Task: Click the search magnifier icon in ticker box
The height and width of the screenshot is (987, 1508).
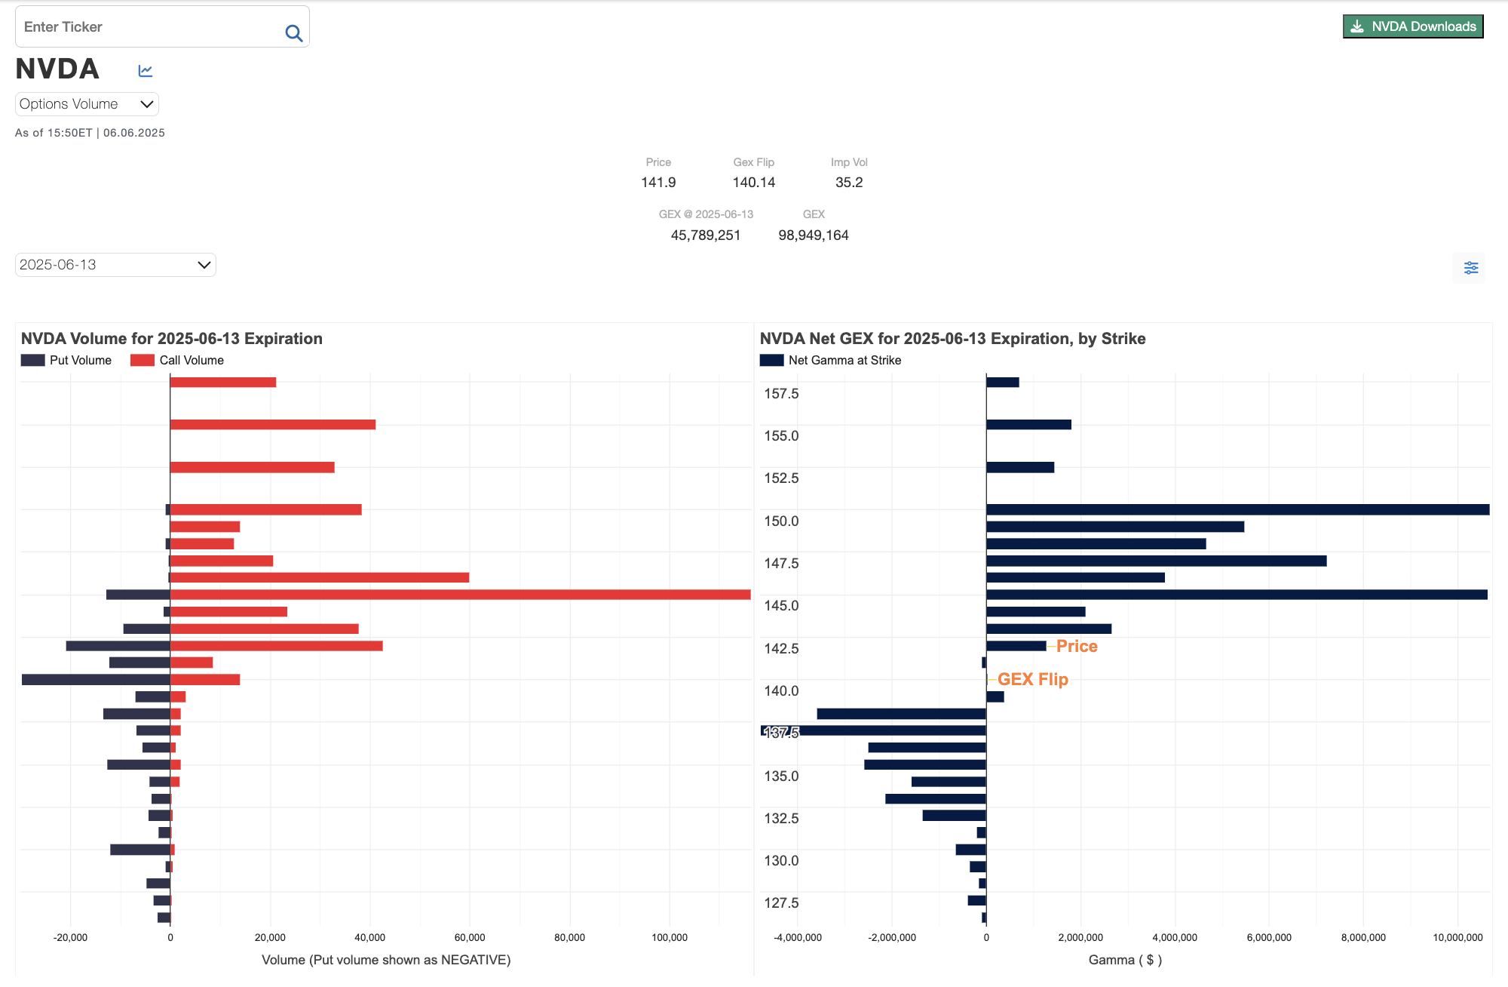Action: [293, 33]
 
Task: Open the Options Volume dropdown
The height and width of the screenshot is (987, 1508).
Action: [87, 104]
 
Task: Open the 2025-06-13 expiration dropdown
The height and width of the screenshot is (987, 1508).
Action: [115, 265]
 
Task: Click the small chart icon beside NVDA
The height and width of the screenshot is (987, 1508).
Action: [146, 71]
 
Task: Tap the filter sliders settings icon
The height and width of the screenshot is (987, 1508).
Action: [1470, 268]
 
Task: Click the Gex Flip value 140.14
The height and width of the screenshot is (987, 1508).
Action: [753, 183]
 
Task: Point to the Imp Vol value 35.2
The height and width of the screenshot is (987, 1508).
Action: [848, 183]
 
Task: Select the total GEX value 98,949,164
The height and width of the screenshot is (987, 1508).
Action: [813, 235]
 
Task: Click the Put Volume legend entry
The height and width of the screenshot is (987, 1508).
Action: [66, 361]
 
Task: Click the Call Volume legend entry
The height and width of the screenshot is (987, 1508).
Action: [177, 361]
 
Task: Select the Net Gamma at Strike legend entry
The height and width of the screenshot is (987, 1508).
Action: [830, 361]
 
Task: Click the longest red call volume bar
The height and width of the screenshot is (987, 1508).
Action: [460, 595]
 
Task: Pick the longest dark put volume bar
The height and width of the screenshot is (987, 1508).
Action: [96, 680]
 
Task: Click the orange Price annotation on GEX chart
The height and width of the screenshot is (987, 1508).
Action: [1076, 647]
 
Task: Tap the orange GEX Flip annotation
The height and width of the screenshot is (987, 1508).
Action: [1032, 680]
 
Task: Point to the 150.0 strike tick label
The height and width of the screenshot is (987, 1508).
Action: [780, 521]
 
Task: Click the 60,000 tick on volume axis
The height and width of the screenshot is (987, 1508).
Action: [469, 938]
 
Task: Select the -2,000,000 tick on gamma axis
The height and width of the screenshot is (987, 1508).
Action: [891, 938]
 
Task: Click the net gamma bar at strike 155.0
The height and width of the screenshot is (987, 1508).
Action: [1028, 425]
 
